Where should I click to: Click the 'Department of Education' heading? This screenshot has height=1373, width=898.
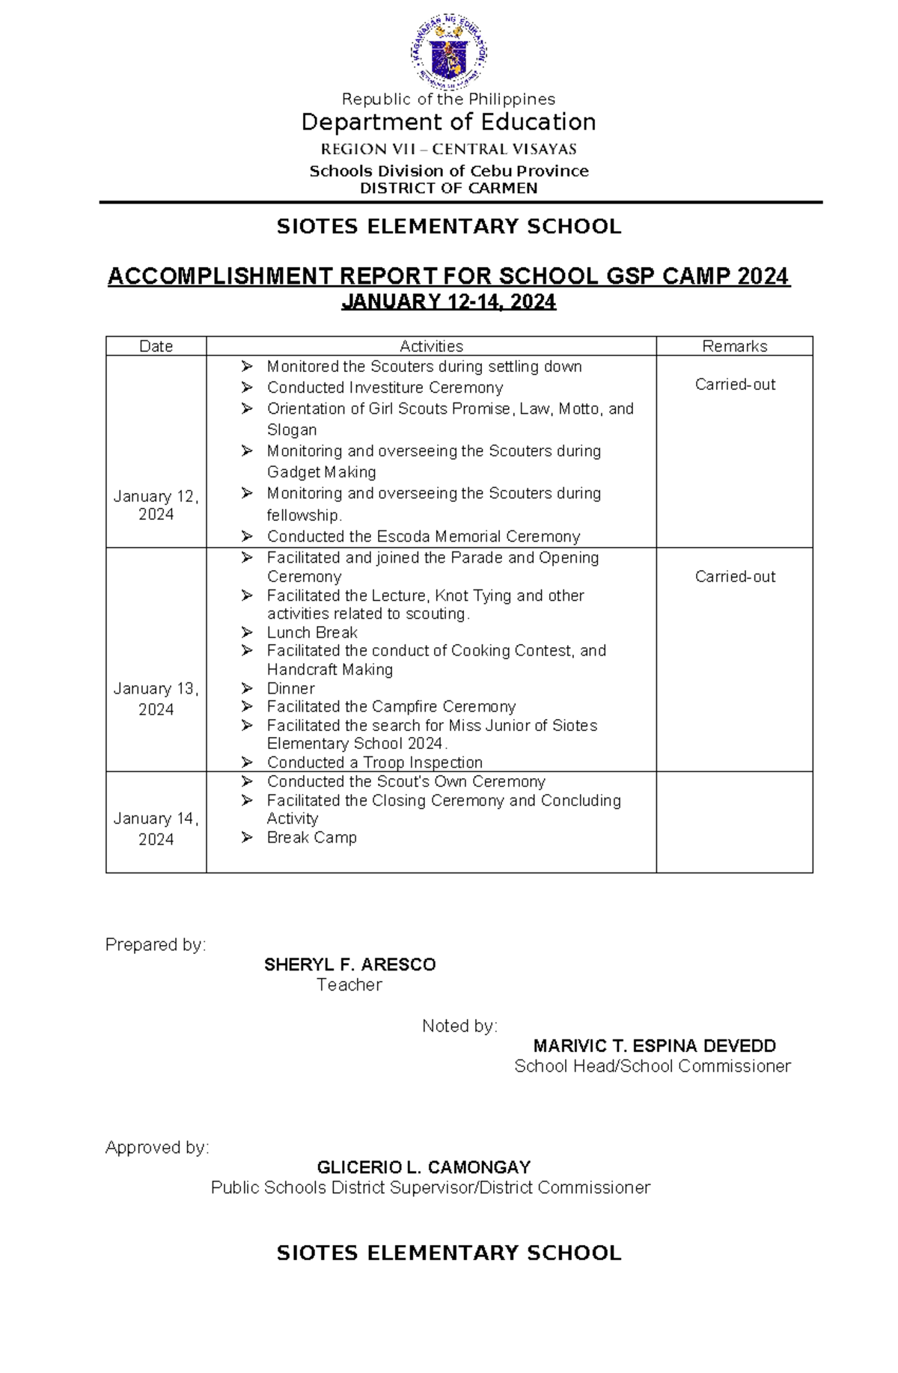448,122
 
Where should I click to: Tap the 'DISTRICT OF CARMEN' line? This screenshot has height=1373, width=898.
448,189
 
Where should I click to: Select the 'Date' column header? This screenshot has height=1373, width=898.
156,346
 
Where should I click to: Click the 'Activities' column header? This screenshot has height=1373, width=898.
431,346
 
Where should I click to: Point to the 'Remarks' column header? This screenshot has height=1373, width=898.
734,346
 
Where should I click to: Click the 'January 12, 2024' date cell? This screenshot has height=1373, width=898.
156,505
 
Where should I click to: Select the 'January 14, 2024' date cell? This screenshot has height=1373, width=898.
156,829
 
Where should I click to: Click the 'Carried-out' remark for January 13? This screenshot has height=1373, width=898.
735,577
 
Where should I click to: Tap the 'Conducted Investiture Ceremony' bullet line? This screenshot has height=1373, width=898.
385,388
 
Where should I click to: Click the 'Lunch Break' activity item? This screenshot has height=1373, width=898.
312,632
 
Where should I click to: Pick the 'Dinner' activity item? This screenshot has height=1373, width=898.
290,688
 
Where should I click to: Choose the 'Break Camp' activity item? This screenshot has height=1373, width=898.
311,837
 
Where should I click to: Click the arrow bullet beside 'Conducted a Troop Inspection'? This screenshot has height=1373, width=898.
247,762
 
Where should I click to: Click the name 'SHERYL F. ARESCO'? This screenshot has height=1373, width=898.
349,964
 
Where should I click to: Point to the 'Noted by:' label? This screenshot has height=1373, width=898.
459,1026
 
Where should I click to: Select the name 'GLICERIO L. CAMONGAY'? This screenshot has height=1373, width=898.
424,1167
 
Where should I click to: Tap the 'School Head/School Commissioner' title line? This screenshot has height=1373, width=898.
652,1066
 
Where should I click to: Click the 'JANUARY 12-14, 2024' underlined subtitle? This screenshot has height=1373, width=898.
448,302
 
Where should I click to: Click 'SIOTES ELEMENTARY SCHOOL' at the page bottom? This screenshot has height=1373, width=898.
448,1253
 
